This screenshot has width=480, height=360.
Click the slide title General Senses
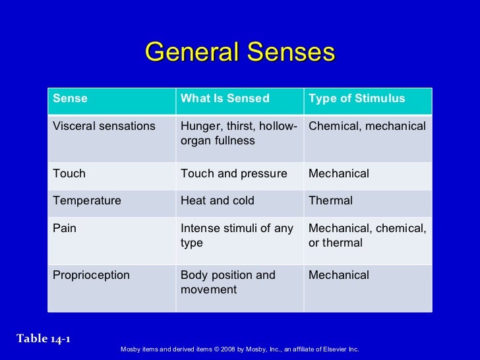click(x=240, y=52)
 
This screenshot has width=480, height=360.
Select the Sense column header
click(x=70, y=99)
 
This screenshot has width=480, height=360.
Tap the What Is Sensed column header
click(x=225, y=99)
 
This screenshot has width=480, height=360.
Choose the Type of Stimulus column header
click(x=357, y=99)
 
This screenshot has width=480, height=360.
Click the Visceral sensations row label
click(x=104, y=126)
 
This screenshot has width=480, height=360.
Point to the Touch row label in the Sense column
click(x=69, y=174)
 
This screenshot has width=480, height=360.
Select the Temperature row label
click(x=87, y=201)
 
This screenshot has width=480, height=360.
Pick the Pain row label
click(x=65, y=229)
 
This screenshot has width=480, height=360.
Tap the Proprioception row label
click(x=91, y=276)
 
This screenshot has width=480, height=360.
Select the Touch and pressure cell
click(x=234, y=174)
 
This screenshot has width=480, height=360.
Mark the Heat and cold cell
click(x=218, y=201)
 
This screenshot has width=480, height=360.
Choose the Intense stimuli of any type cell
click(x=237, y=235)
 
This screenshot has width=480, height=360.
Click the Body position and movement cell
click(x=228, y=282)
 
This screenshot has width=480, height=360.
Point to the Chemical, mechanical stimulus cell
click(x=367, y=126)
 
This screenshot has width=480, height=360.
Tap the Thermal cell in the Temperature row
click(x=330, y=201)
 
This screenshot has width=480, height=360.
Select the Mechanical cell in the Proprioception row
click(x=339, y=276)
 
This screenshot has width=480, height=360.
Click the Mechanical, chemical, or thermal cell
click(x=367, y=235)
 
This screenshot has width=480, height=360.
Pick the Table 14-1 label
click(x=44, y=340)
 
